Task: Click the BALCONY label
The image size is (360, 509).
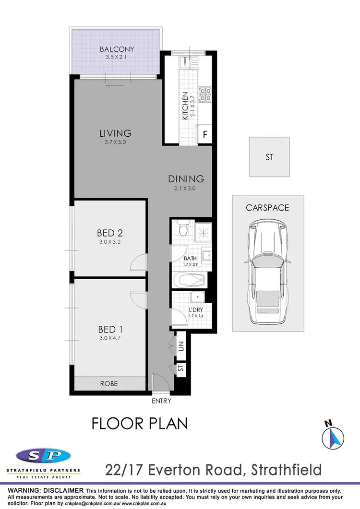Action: click(117, 49)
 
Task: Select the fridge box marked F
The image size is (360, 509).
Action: click(205, 135)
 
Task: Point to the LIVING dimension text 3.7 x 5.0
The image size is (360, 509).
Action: click(115, 142)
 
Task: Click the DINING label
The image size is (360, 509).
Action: click(186, 179)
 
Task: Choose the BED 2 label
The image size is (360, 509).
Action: click(110, 233)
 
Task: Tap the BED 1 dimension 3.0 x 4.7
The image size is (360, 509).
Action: click(110, 338)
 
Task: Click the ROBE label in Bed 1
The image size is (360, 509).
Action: click(108, 384)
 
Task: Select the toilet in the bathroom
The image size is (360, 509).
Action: click(181, 229)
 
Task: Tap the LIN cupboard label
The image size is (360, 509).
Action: click(181, 346)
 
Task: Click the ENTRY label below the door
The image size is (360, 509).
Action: click(161, 401)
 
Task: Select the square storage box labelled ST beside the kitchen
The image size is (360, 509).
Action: click(269, 157)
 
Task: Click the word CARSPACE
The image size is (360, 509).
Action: click(268, 208)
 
